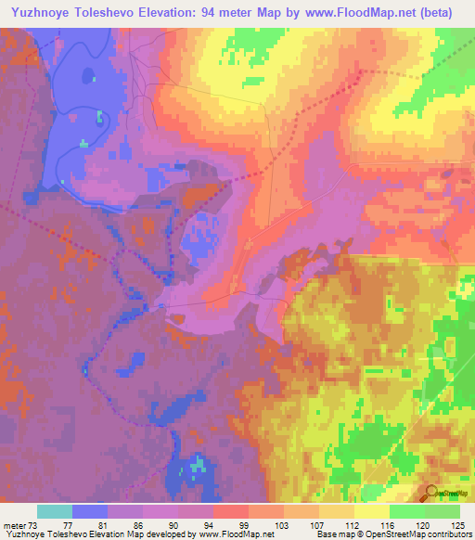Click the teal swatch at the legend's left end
click(55, 511)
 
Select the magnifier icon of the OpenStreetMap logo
click(432, 491)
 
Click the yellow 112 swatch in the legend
click(337, 511)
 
